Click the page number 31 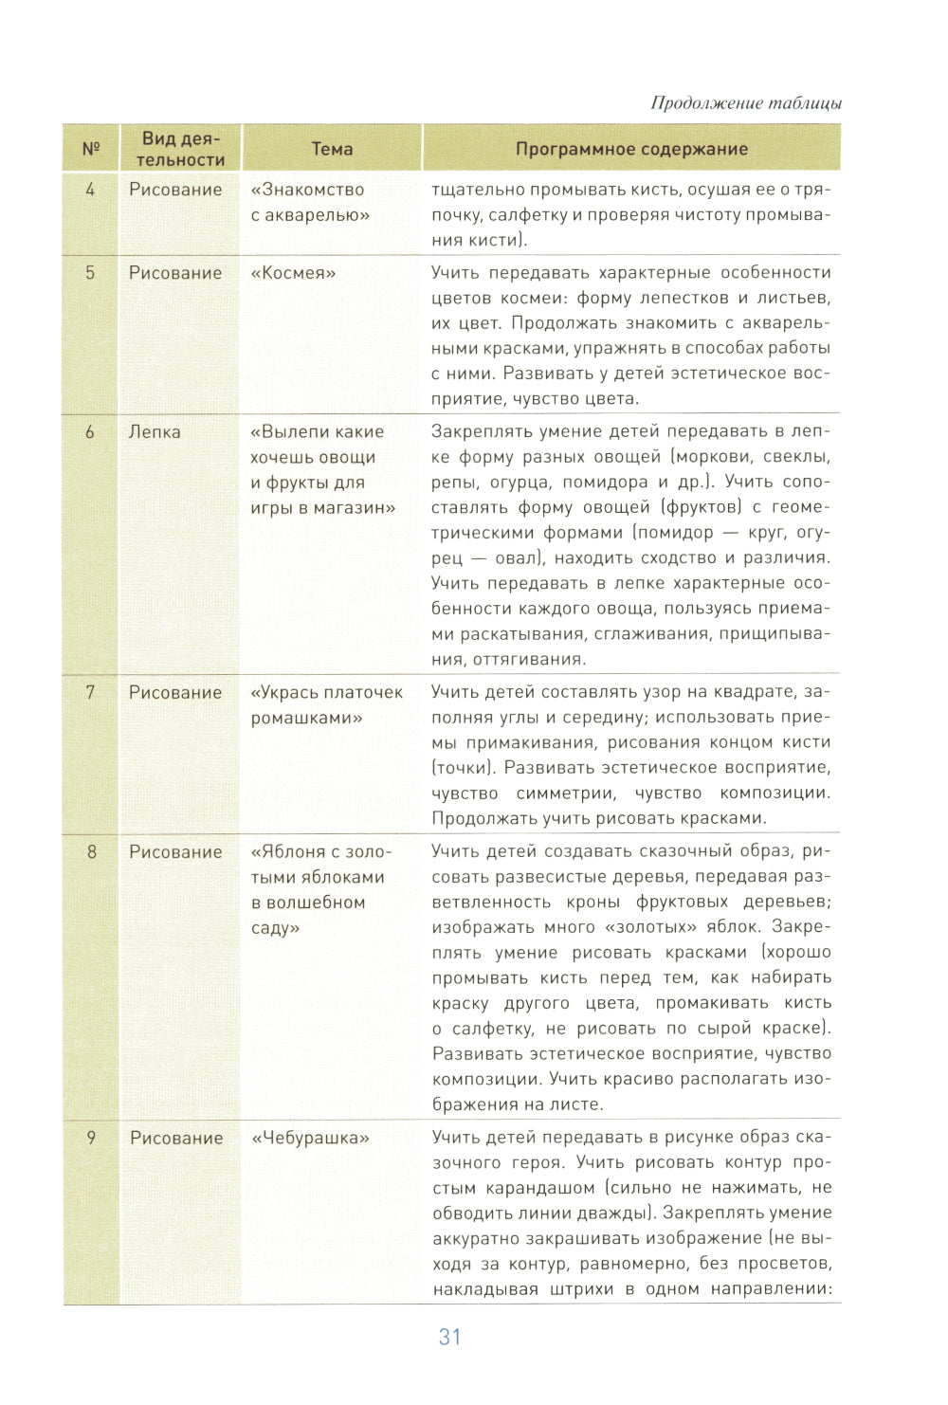click(x=449, y=1337)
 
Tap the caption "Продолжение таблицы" click(x=745, y=103)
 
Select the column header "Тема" click(x=332, y=149)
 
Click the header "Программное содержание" click(x=631, y=149)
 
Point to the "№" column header click(x=91, y=149)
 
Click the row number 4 click(x=91, y=190)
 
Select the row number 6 click(x=91, y=432)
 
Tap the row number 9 click(x=91, y=1138)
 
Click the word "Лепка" click(x=155, y=432)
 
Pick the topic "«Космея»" click(x=293, y=273)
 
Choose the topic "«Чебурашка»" click(x=310, y=1138)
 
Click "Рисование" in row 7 click(x=175, y=693)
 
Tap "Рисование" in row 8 click(x=175, y=852)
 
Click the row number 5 click(x=91, y=273)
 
